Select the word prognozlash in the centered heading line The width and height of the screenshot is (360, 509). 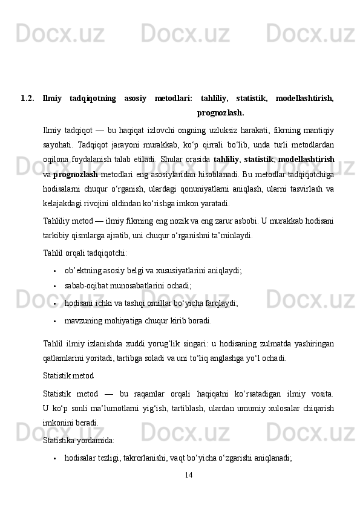(x=220, y=112)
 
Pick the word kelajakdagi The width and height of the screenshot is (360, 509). (x=66, y=203)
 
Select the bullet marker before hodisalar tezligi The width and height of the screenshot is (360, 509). (x=55, y=459)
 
